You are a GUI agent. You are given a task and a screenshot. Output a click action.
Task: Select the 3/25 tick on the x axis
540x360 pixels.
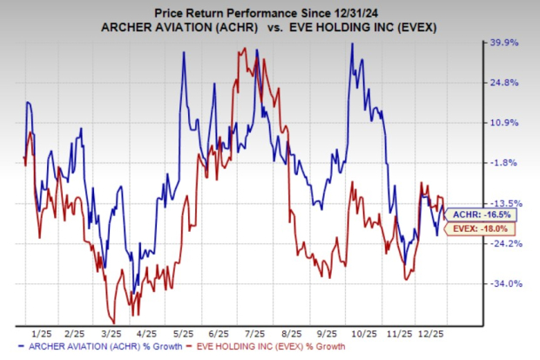click(111, 333)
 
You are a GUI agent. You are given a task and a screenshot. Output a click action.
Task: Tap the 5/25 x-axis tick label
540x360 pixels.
click(184, 333)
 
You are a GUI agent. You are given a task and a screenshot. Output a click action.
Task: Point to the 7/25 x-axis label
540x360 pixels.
click(256, 333)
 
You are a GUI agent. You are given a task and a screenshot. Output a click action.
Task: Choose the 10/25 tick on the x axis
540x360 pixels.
click(364, 333)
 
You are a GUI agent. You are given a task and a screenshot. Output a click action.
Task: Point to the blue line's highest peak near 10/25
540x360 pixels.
click(351, 44)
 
